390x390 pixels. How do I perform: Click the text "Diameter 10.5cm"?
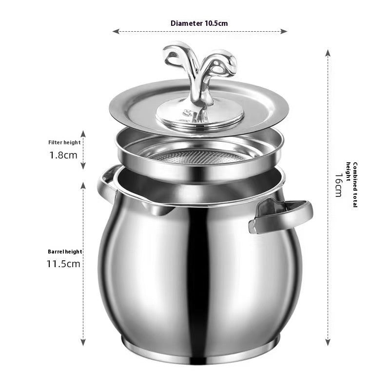[199, 23]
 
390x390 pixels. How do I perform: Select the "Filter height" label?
[64, 142]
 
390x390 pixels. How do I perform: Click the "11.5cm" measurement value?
[63, 264]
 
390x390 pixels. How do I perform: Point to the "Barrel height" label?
[65, 252]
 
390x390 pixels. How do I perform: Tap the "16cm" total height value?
[338, 185]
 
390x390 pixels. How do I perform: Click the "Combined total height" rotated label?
[352, 185]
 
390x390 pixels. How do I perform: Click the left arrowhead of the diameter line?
[115, 31]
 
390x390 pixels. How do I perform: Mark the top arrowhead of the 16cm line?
[328, 52]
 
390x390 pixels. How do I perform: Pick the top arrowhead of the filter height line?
[83, 133]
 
